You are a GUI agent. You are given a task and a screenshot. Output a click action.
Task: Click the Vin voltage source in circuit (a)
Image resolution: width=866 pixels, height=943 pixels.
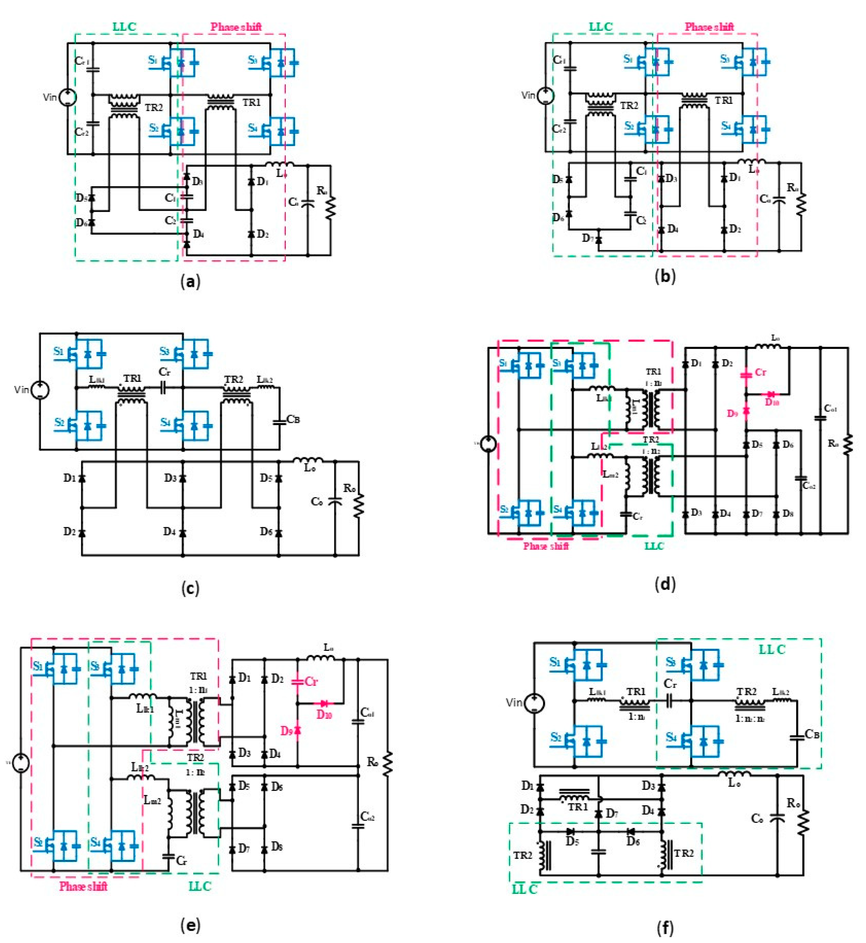(68, 97)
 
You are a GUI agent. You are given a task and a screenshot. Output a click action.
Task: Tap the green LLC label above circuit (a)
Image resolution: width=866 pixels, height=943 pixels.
(124, 27)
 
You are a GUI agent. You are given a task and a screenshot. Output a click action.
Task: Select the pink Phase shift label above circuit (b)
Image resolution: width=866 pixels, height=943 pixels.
(709, 27)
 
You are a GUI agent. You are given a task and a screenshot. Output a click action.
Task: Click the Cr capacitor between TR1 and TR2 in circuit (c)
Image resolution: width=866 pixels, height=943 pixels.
(164, 388)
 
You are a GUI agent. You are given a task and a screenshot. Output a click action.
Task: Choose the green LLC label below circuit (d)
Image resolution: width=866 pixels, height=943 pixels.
(654, 546)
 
